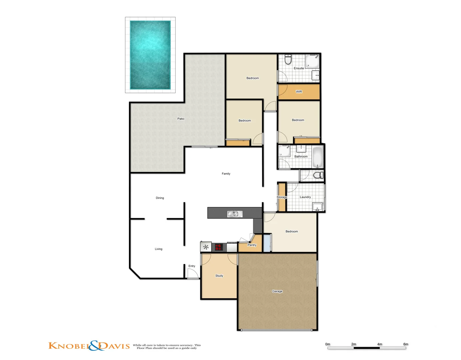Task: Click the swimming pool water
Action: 150,55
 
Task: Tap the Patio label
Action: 181,119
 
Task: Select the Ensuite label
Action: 299,68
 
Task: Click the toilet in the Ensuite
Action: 288,60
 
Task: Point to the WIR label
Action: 299,92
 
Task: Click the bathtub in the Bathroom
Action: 318,157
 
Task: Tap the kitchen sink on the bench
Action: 235,214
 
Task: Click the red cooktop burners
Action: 219,247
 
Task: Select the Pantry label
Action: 252,245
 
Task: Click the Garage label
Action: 277,291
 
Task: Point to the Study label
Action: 219,276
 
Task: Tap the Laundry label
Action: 305,197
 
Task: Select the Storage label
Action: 282,197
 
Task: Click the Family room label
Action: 226,174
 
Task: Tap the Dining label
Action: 160,198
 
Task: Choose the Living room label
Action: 158,249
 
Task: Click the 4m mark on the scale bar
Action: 380,344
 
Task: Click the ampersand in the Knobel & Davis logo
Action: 95,346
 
